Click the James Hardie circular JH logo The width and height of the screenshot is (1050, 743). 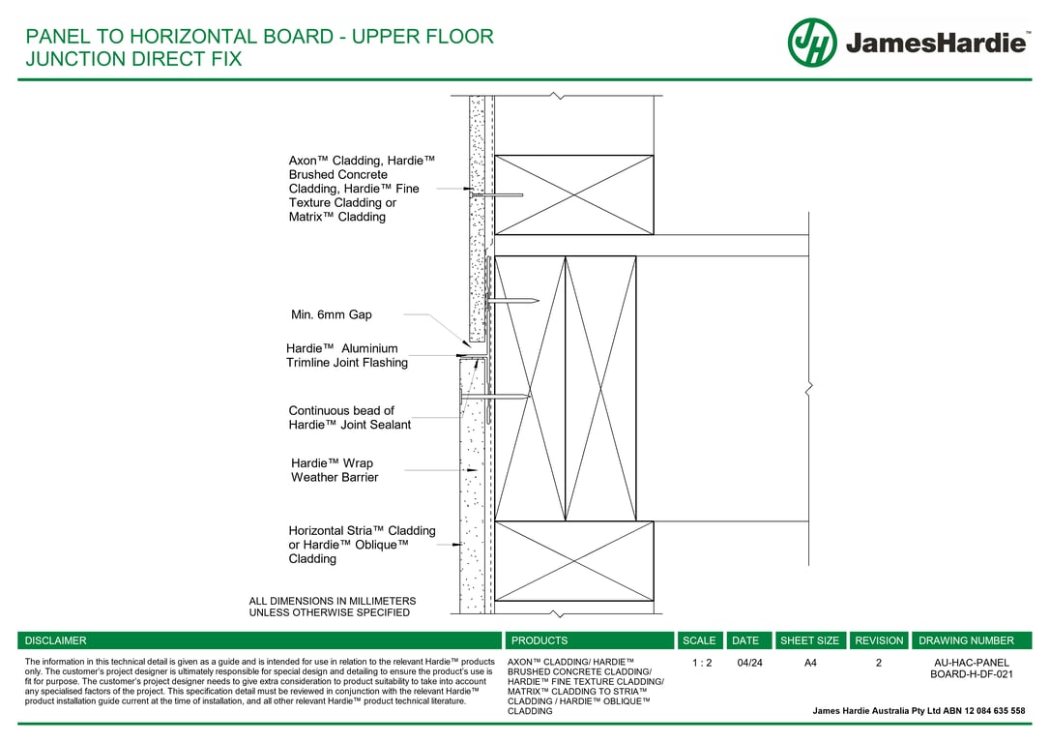point(811,43)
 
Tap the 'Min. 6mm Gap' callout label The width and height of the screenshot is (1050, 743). point(332,314)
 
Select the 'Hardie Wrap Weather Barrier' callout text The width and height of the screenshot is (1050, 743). point(334,470)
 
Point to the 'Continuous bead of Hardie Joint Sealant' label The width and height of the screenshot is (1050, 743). point(349,418)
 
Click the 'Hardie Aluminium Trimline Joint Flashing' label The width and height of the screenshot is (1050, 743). point(346,355)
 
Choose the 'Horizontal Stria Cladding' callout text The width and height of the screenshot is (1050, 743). point(362,545)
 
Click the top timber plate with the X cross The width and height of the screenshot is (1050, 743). point(574,194)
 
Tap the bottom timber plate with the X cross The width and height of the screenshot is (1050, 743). point(574,561)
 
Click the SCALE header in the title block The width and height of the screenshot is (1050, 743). point(699,640)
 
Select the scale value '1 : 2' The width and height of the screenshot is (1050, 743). point(702,664)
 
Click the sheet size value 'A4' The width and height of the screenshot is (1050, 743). point(810,664)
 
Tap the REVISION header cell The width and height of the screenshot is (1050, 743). point(879,640)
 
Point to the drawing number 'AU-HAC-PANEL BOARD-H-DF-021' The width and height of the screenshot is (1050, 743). point(971,669)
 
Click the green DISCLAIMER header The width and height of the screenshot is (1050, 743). point(56,640)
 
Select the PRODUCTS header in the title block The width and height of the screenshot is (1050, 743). point(540,640)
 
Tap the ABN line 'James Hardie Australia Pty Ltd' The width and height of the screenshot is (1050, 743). point(919,711)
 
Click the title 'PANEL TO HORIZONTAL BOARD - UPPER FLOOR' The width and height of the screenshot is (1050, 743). point(259,37)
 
